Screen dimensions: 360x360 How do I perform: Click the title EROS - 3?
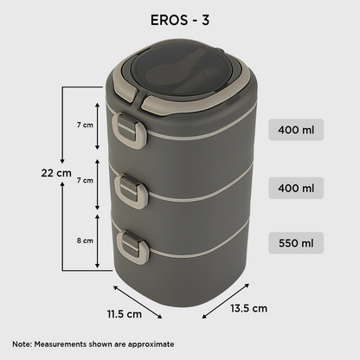tap(179, 21)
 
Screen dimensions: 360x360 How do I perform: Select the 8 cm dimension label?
tap(83, 240)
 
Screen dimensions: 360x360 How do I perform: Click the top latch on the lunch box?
tap(130, 131)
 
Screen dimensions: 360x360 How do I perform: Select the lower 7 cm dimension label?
tap(84, 180)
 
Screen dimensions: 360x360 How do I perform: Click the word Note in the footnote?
tap(22, 343)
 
